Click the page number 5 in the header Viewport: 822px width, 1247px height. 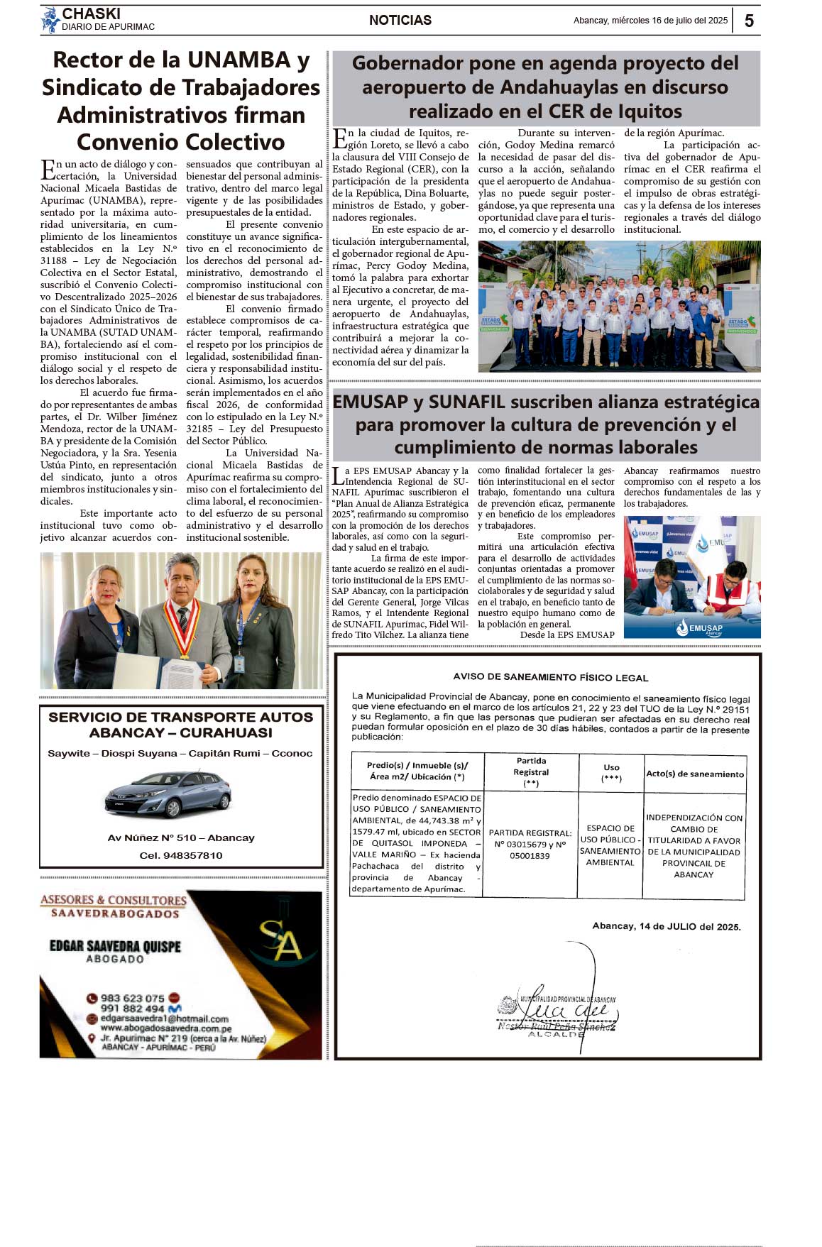[x=749, y=21]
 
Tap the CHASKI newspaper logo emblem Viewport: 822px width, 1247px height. [x=50, y=20]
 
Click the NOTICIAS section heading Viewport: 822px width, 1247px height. [x=400, y=21]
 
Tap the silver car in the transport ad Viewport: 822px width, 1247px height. [x=168, y=793]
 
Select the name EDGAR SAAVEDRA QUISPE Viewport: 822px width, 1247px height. [x=115, y=945]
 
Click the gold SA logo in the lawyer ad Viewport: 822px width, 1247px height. [x=280, y=940]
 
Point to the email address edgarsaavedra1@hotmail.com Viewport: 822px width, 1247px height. [x=164, y=1018]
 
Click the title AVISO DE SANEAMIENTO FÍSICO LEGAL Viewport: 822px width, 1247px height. [x=550, y=677]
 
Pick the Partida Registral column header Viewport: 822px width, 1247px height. [x=531, y=771]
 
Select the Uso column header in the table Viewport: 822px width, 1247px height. [x=611, y=772]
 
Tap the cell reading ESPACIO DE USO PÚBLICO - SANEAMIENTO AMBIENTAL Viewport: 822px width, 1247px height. [x=610, y=845]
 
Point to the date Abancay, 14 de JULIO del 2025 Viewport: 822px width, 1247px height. [x=666, y=926]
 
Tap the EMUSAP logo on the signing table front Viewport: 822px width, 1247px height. [x=699, y=628]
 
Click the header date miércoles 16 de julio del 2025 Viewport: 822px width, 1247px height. [x=650, y=21]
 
